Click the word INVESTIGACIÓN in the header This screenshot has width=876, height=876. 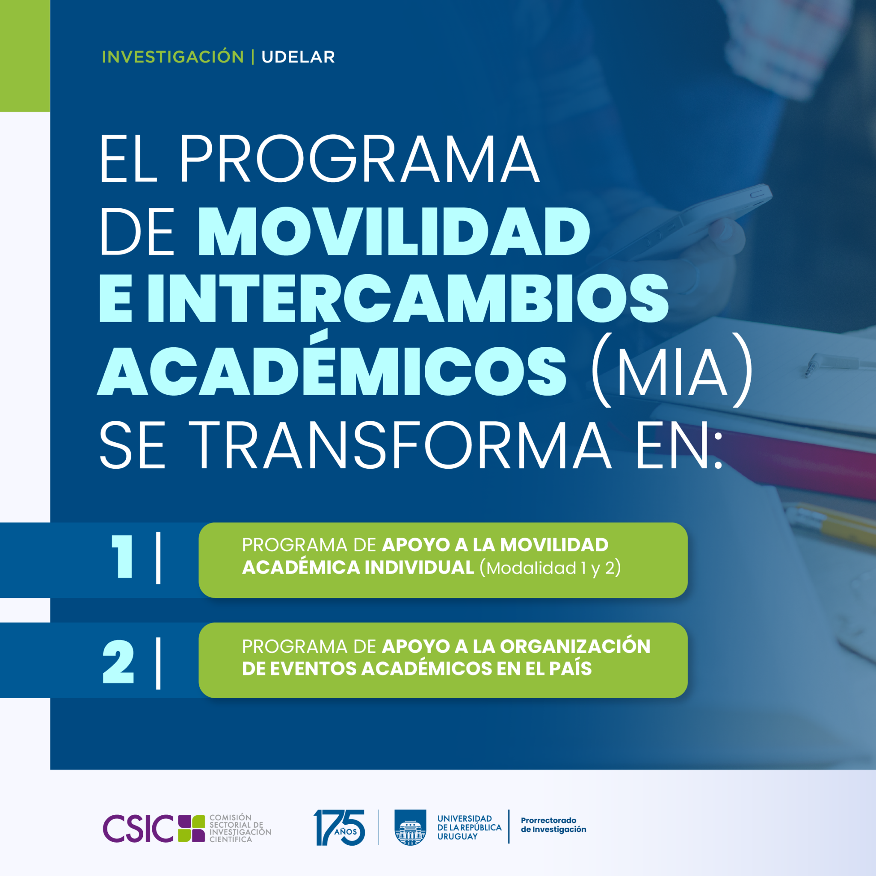[x=173, y=57]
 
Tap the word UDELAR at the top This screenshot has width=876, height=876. [x=298, y=57]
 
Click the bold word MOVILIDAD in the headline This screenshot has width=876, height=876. [x=394, y=232]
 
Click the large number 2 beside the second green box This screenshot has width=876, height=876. [x=118, y=662]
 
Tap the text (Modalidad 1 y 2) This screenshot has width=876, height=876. [x=550, y=568]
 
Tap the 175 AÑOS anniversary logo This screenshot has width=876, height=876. [x=339, y=828]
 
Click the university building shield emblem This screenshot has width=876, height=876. [x=410, y=828]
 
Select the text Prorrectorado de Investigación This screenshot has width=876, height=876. [x=553, y=825]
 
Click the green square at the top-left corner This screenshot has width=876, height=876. [x=24, y=55]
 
